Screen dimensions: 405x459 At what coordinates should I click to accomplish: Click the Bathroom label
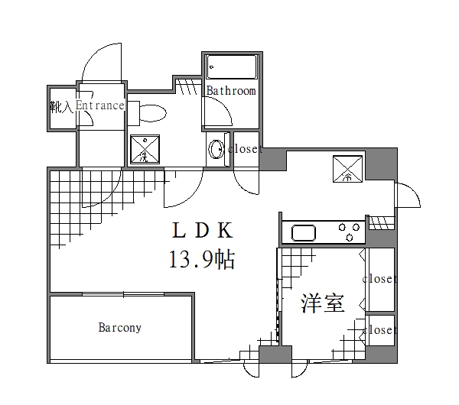tap(230, 91)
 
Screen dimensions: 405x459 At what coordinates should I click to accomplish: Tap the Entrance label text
tap(99, 105)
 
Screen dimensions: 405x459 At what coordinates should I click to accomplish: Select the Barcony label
tap(119, 328)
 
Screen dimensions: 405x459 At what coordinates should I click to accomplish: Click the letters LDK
tap(201, 229)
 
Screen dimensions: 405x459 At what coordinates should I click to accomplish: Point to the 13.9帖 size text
tap(201, 260)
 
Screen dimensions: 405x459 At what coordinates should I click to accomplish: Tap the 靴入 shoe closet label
tap(61, 107)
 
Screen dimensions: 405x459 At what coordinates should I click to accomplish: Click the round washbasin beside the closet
tap(216, 149)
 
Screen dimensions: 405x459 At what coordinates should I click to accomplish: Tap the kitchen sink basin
tap(303, 233)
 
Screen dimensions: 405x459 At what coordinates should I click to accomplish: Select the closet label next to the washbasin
tap(245, 149)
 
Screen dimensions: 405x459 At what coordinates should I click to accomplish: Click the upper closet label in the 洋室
tap(379, 279)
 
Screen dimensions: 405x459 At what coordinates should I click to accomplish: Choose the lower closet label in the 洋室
tap(379, 330)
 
